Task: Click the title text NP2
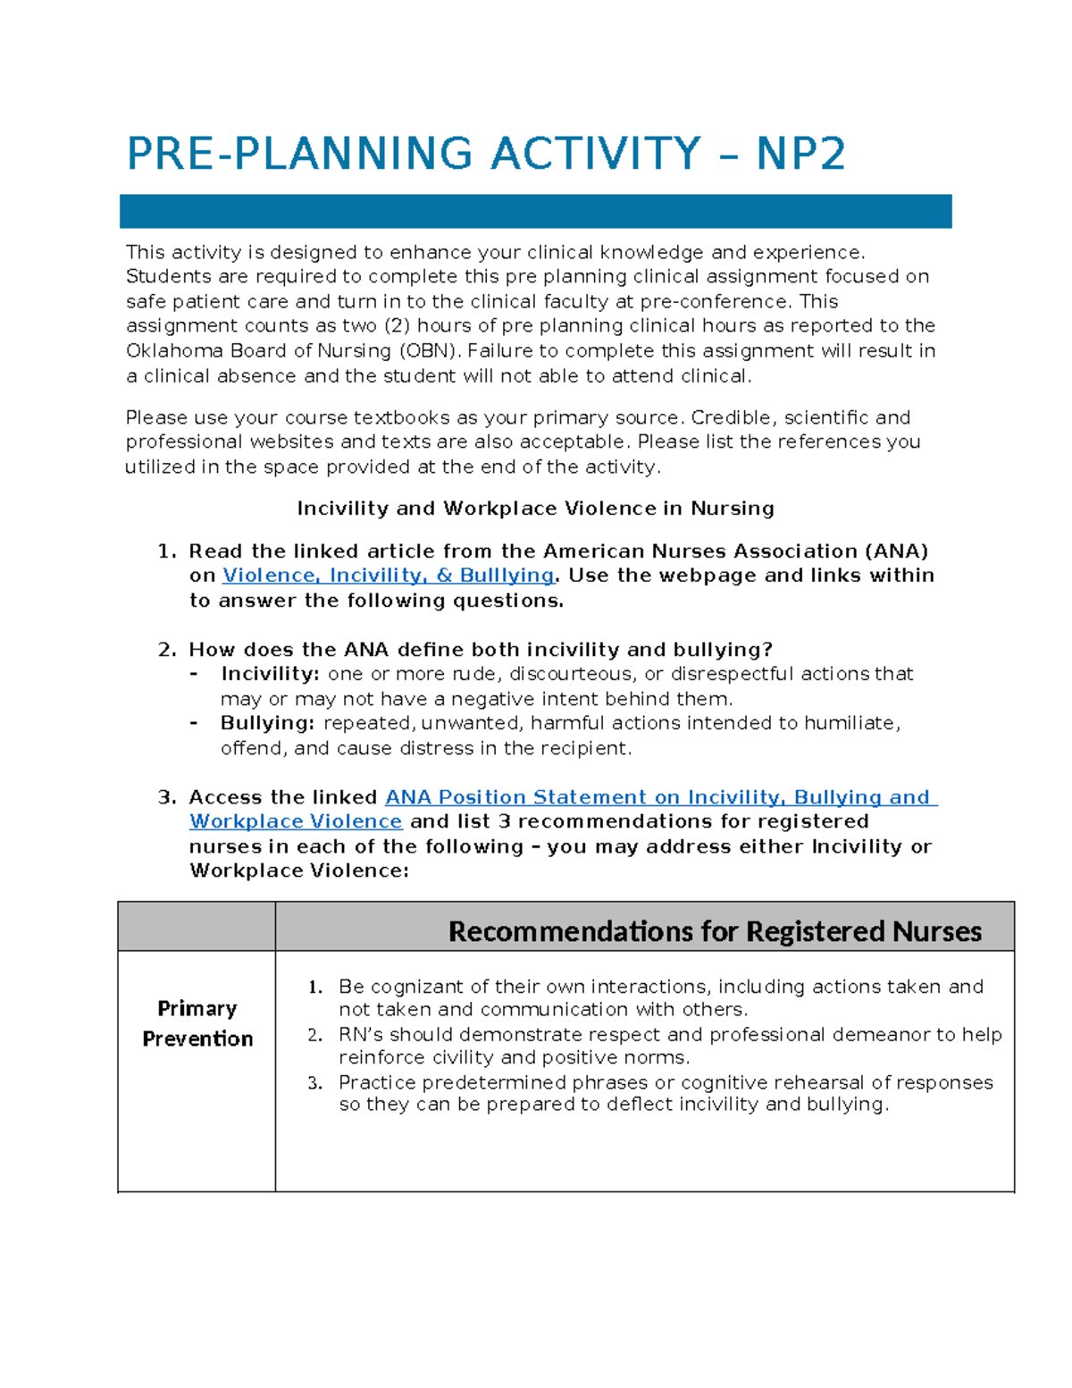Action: point(800,154)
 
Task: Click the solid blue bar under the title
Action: point(535,212)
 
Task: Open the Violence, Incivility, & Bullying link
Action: point(388,576)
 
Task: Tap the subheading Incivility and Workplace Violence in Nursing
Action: point(535,509)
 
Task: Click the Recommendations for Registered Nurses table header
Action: point(714,931)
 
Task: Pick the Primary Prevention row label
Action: point(197,1023)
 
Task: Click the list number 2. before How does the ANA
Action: point(167,650)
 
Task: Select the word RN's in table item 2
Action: point(361,1035)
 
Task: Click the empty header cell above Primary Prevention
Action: point(197,927)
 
